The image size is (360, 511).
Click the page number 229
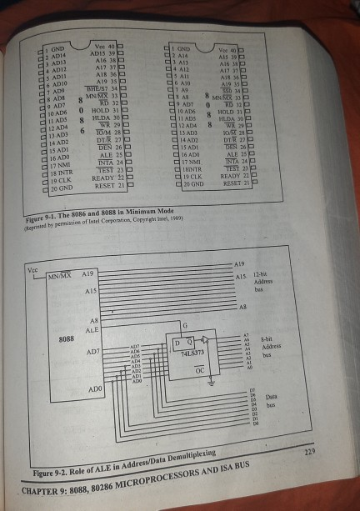click(310, 451)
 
